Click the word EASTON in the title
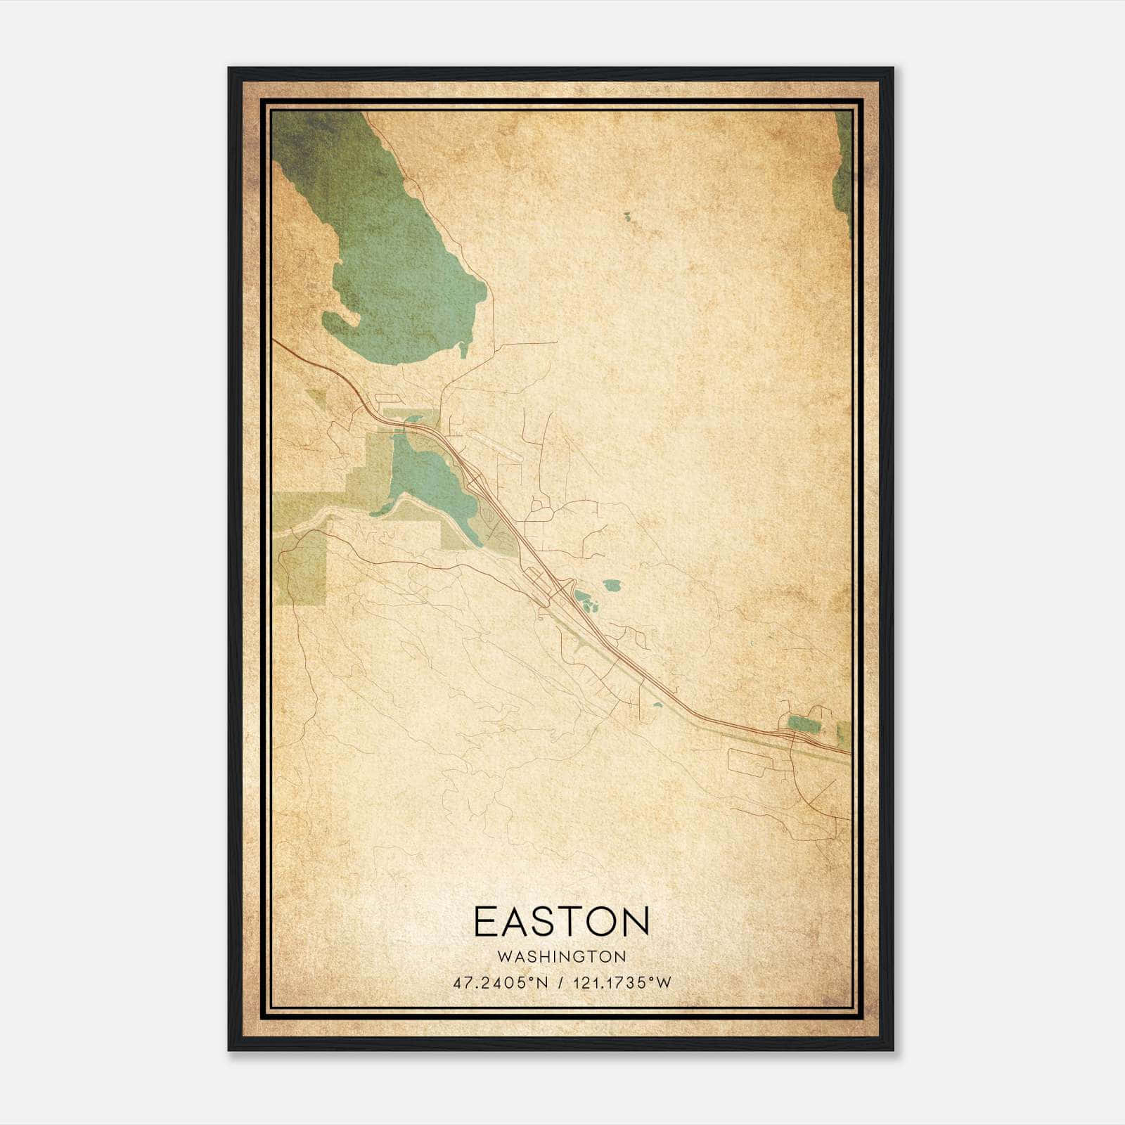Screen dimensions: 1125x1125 coord(561,921)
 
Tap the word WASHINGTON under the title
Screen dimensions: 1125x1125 coord(561,956)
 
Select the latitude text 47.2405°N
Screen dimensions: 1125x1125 coord(500,983)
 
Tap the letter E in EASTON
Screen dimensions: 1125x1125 coord(485,921)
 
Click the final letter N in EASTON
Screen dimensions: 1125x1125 coord(636,921)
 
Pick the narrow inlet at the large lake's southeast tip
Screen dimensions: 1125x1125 coord(463,349)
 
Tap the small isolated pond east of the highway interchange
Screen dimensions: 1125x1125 coord(612,584)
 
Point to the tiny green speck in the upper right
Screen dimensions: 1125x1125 coord(626,215)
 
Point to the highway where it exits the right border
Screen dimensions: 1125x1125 coord(849,753)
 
